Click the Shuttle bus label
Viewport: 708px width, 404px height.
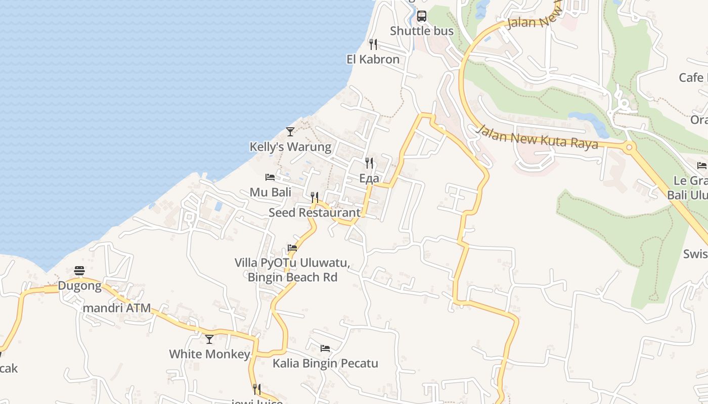(x=422, y=31)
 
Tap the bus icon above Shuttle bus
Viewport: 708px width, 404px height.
(x=422, y=16)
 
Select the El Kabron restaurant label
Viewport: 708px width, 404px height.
(x=373, y=59)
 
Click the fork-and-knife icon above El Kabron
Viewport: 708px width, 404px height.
(x=373, y=44)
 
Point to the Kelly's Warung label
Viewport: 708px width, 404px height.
(x=290, y=147)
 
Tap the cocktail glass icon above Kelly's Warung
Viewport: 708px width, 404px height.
(x=290, y=132)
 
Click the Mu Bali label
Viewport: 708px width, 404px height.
(x=271, y=192)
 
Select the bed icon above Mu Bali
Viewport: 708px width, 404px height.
(x=270, y=177)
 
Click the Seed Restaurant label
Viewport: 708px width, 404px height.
(x=315, y=213)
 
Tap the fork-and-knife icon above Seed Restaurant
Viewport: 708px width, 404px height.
(x=315, y=197)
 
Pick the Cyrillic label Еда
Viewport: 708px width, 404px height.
(x=369, y=178)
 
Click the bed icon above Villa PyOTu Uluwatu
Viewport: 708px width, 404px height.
(x=292, y=248)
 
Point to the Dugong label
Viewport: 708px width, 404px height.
(x=79, y=286)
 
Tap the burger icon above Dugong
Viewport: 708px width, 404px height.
(x=79, y=271)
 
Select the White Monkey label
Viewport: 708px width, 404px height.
(x=209, y=354)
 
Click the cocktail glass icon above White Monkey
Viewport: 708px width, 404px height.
(x=209, y=339)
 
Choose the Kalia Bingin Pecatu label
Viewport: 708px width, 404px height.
(x=325, y=363)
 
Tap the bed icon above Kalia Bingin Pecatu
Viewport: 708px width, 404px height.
(x=325, y=348)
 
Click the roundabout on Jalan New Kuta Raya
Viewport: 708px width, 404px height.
(x=630, y=148)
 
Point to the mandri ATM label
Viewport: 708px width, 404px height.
(x=116, y=308)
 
